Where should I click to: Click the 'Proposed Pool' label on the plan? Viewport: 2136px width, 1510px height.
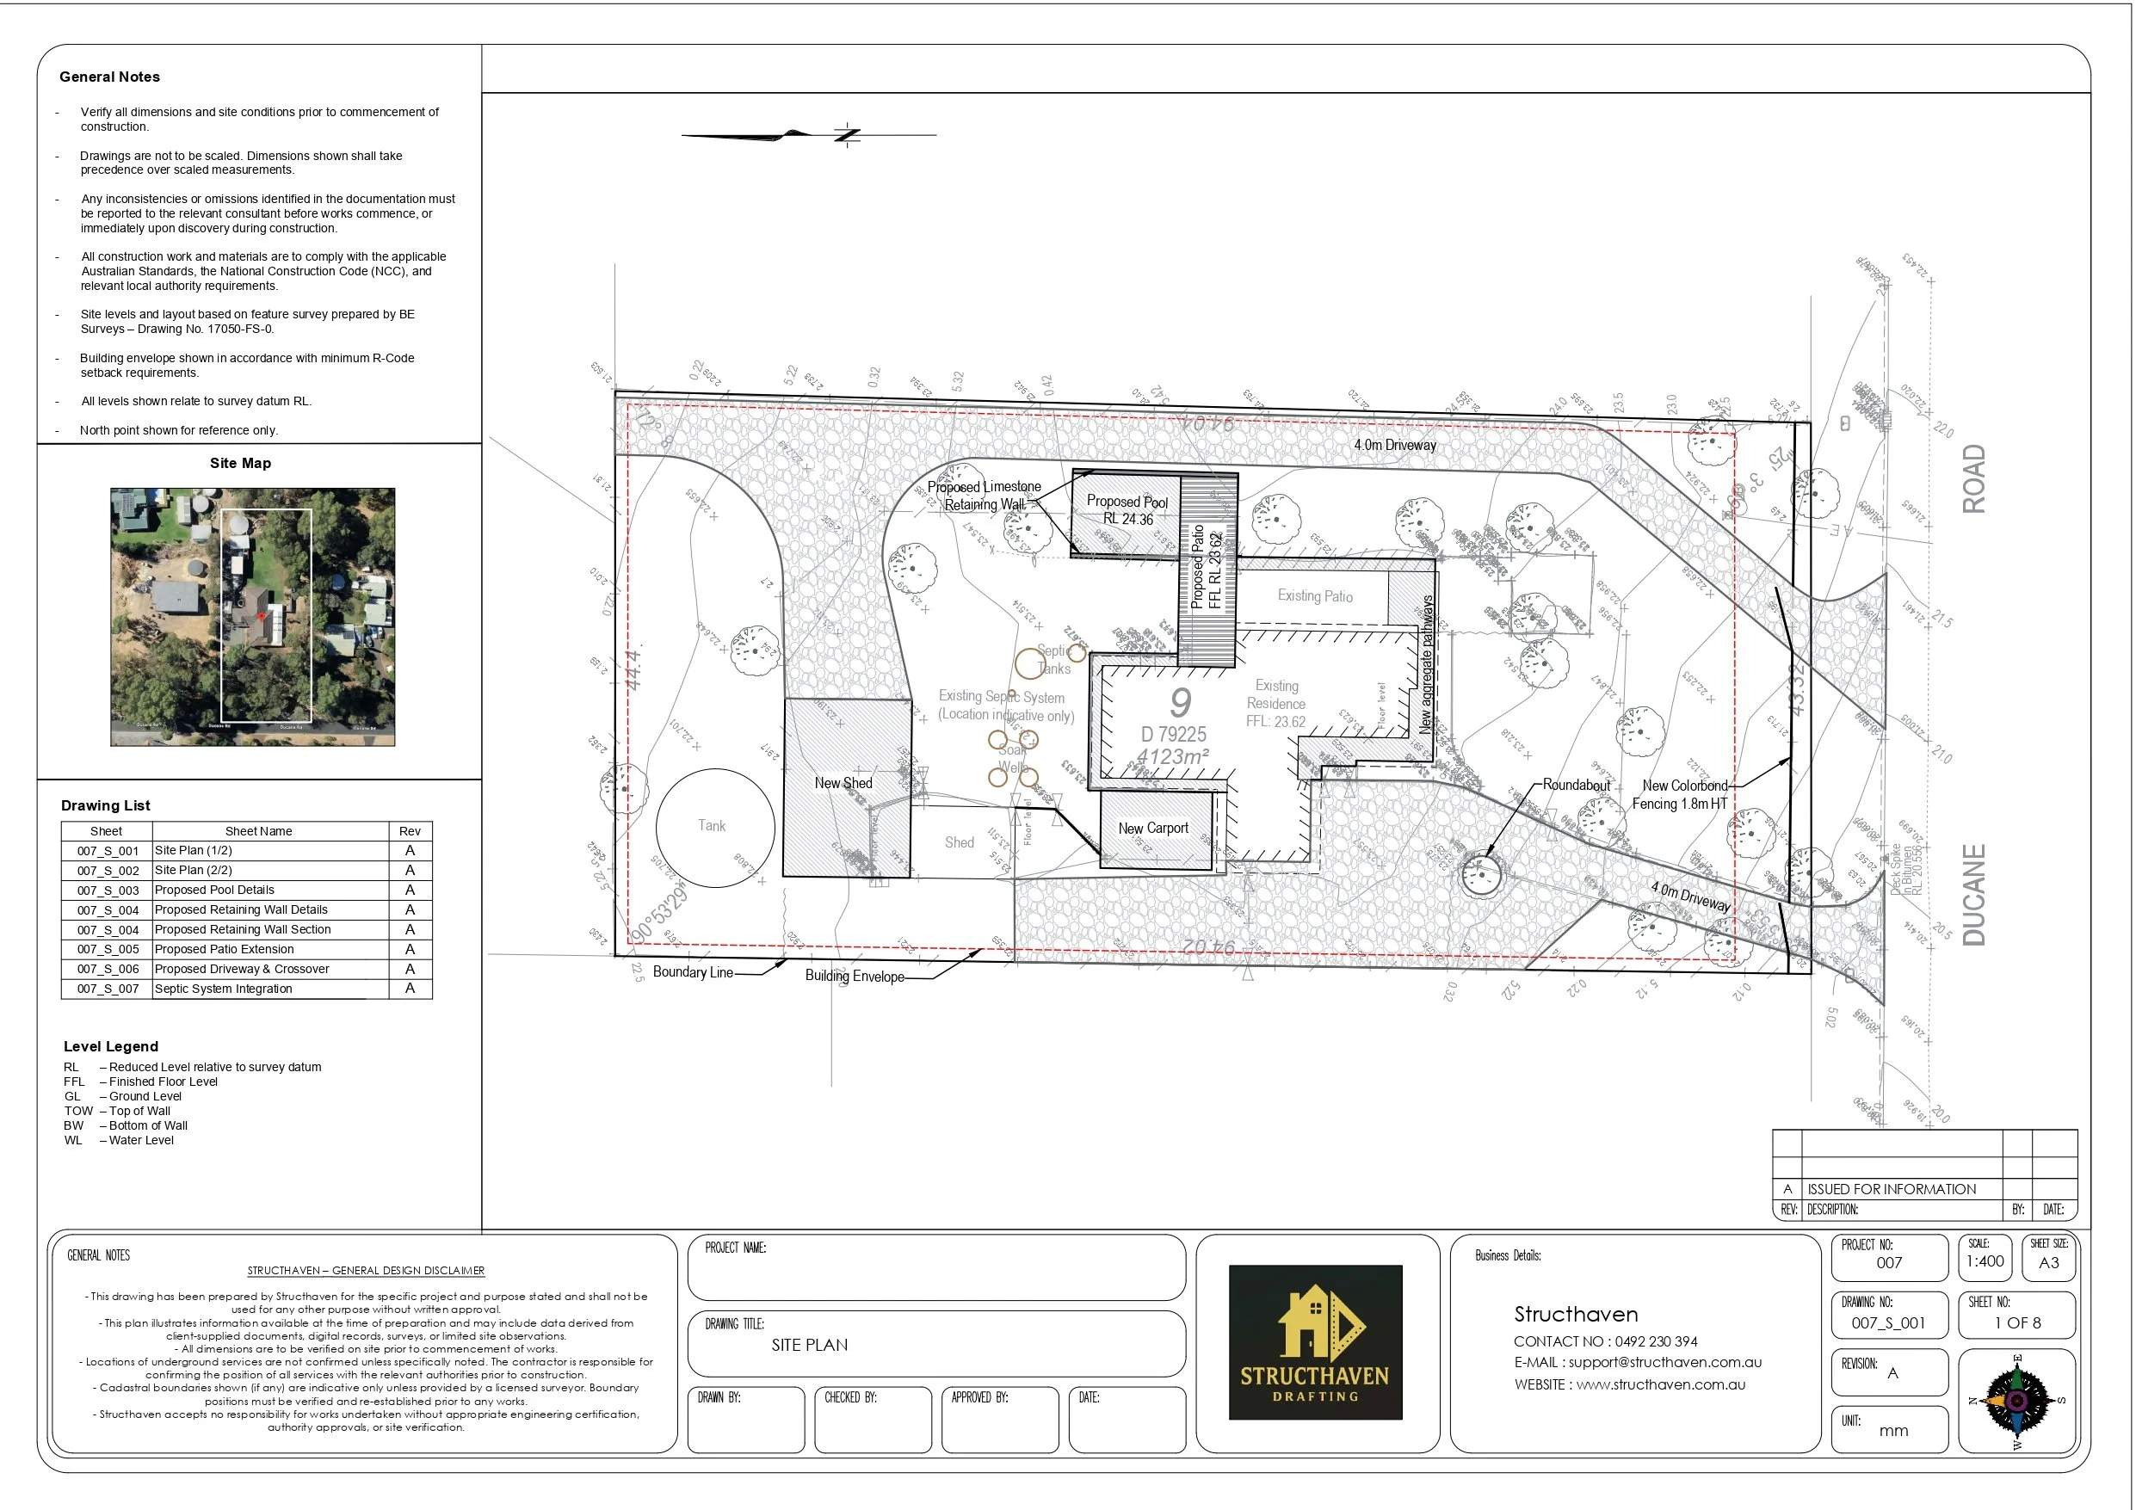click(x=1127, y=502)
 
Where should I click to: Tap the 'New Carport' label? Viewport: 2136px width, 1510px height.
click(x=1152, y=828)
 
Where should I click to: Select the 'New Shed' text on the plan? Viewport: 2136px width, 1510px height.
click(x=843, y=783)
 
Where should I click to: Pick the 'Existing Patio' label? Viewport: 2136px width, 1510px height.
click(x=1314, y=595)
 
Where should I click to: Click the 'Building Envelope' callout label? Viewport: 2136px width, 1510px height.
click(x=854, y=976)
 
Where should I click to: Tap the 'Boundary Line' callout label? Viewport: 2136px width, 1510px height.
click(x=693, y=972)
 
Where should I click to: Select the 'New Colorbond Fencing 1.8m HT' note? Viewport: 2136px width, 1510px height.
click(x=1680, y=794)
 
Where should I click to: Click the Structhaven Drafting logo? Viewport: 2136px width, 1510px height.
click(x=1314, y=1341)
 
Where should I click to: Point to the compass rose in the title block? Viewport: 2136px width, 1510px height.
click(x=2016, y=1400)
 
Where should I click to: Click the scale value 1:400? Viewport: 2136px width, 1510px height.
click(x=1985, y=1261)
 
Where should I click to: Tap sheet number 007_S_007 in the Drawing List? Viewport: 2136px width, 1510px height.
click(x=108, y=989)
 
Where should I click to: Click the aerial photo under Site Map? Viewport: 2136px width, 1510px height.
click(x=252, y=617)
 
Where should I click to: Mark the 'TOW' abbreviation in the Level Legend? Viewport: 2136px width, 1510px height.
click(x=78, y=1111)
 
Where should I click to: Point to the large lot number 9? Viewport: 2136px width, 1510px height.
click(x=1180, y=702)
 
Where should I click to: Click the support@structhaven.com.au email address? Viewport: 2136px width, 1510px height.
click(x=1665, y=1362)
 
